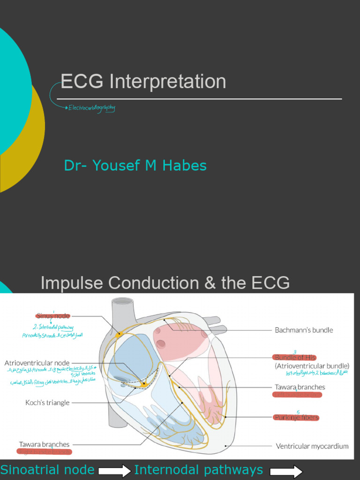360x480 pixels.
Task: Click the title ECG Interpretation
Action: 143,82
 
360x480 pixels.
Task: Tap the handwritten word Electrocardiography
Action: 91,108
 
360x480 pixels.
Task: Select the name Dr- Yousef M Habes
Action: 135,165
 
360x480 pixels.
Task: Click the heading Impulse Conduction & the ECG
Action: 165,283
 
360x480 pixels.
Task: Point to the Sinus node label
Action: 53,316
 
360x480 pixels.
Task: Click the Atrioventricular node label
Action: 37,363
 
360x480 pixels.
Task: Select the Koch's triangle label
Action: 47,402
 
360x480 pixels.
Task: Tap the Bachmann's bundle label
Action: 304,330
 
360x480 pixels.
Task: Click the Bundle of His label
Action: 296,357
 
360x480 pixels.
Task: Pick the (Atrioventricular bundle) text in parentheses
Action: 312,366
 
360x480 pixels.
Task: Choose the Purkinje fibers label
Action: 296,417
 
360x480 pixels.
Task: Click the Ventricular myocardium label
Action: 312,446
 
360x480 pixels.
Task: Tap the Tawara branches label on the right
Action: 300,387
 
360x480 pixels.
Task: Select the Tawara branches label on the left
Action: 44,444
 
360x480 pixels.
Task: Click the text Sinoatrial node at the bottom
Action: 47,470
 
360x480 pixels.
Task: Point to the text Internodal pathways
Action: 198,470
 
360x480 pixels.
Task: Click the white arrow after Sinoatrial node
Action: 115,471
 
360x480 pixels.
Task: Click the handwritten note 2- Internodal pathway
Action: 54,327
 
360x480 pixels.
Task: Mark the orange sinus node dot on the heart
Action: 119,334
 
